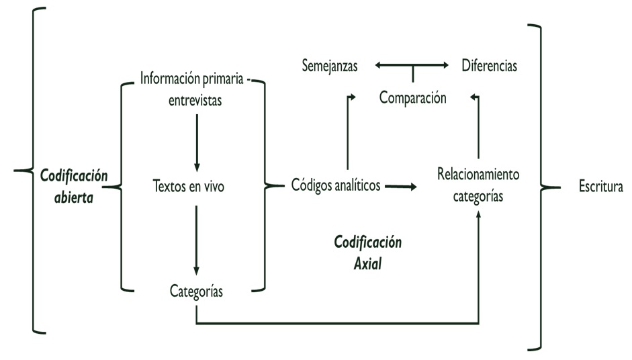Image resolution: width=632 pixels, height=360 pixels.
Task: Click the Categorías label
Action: (x=196, y=291)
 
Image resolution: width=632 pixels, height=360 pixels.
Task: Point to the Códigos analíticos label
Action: (x=336, y=185)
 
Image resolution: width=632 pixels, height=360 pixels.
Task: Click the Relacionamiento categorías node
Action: (x=478, y=186)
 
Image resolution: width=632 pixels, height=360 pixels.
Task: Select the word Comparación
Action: (x=412, y=97)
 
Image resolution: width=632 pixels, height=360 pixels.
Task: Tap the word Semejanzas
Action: (x=330, y=66)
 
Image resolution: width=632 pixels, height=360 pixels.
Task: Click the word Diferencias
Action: (x=489, y=66)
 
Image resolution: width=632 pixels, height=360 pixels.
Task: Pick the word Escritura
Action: (x=601, y=186)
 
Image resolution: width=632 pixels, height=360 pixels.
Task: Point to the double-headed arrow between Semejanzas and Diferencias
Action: (x=412, y=66)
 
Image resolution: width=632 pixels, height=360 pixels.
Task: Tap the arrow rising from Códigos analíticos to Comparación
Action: (x=347, y=134)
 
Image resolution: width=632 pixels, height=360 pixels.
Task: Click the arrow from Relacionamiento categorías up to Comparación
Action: (x=478, y=128)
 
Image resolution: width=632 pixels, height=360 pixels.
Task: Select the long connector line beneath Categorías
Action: (x=336, y=325)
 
